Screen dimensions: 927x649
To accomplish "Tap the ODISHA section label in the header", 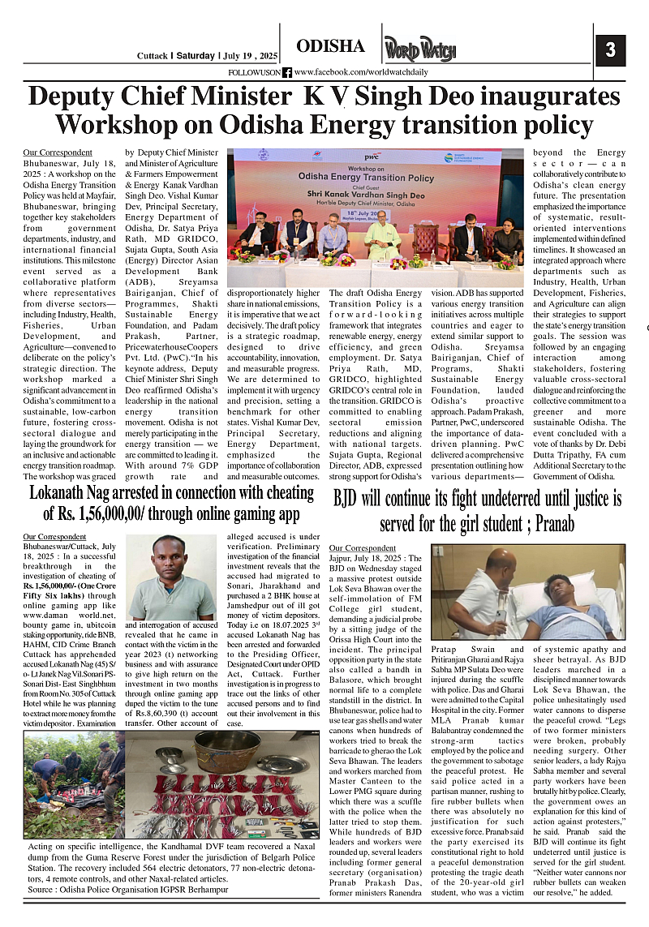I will click(x=330, y=46).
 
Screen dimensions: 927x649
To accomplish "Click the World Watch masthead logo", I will click(x=420, y=50).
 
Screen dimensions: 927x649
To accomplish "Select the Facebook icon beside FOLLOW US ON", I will click(x=287, y=72).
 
